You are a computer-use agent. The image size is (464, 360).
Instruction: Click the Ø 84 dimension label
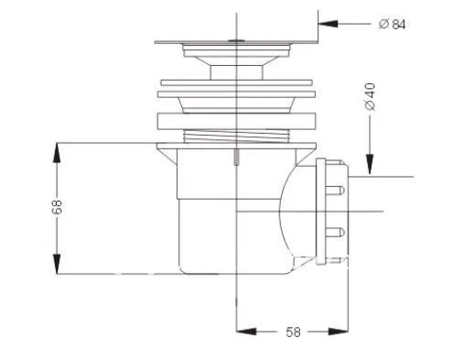click(x=393, y=24)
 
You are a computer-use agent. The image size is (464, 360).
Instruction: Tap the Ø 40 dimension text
click(x=370, y=97)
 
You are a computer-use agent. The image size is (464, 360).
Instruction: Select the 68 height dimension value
click(x=57, y=207)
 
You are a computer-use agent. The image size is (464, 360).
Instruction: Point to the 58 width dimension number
click(x=293, y=332)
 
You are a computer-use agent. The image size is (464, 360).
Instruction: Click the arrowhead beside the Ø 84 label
click(x=328, y=24)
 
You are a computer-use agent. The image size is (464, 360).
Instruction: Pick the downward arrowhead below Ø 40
click(x=370, y=164)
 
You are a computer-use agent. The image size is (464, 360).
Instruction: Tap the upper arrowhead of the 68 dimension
click(x=57, y=153)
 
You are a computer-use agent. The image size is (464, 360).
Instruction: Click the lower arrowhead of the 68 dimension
click(x=57, y=264)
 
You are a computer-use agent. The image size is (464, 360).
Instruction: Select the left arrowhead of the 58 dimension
click(x=246, y=332)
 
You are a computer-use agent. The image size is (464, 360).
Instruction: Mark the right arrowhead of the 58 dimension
click(x=338, y=332)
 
